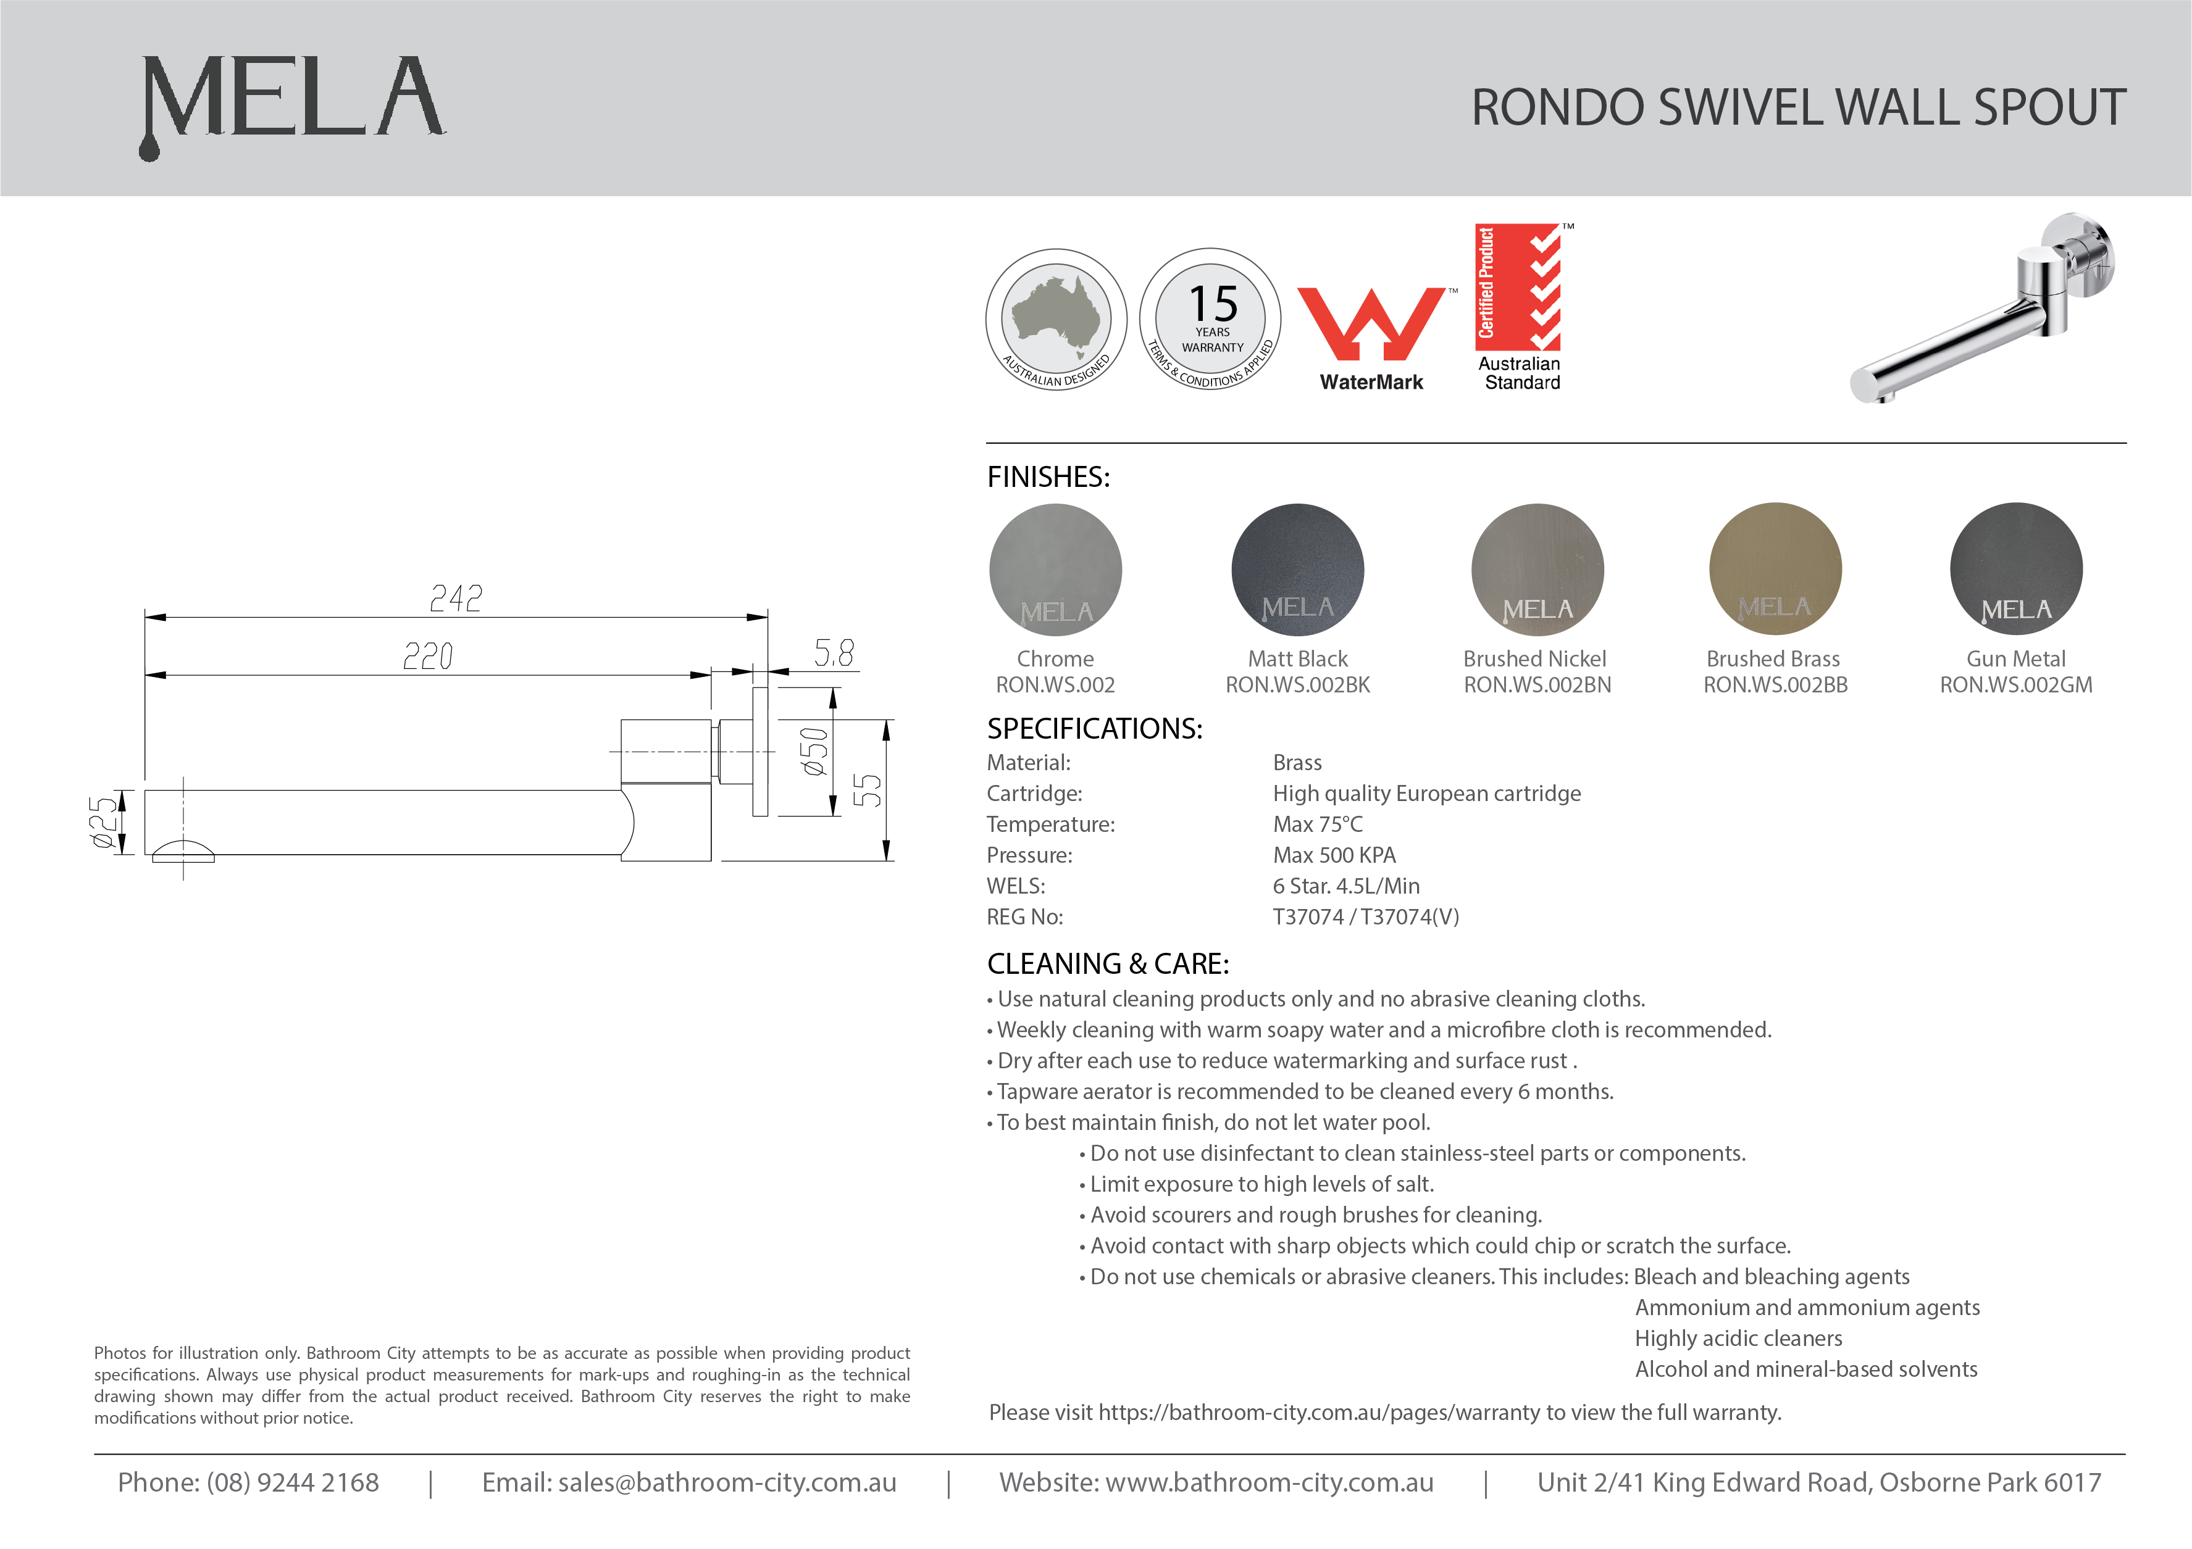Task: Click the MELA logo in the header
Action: click(291, 103)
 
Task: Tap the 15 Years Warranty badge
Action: click(1211, 319)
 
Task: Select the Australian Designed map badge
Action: click(1056, 319)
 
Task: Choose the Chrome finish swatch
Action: click(1055, 570)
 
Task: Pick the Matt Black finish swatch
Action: click(1297, 570)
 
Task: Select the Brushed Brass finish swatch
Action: click(1775, 570)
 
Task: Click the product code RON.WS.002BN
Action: click(1537, 685)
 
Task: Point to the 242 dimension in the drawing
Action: click(456, 599)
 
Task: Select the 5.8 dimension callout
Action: click(834, 654)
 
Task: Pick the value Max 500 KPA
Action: click(1334, 855)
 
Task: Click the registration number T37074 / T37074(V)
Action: click(1365, 917)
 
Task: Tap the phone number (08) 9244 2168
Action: click(292, 1482)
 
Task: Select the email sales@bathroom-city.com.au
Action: click(727, 1482)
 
